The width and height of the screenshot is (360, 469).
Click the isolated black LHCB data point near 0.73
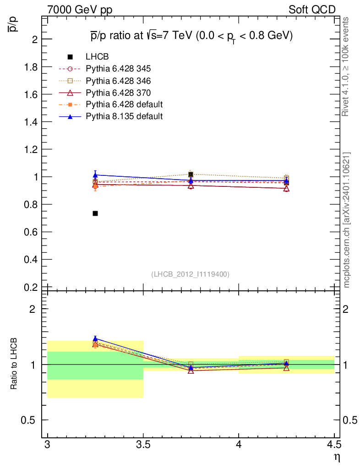95,213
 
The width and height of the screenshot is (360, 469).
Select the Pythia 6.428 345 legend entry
104,69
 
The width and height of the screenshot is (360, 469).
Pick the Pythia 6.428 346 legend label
118,81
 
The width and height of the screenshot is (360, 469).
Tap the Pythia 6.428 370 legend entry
104,93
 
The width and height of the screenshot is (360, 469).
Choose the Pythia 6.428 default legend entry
111,104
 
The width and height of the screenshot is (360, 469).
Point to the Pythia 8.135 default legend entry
111,116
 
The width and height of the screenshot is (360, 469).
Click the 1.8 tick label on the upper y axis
31,67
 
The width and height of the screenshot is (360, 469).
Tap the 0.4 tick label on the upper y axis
31,260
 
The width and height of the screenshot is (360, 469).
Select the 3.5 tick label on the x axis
143,445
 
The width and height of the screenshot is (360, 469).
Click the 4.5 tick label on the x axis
334,445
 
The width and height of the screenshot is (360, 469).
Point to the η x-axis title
337,458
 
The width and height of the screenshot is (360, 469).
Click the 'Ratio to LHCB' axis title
13,364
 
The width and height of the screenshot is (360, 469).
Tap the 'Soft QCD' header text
312,10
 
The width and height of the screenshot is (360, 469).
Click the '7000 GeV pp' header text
80,10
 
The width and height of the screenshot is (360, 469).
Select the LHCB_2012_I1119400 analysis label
191,274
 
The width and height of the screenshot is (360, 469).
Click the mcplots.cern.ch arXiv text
346,220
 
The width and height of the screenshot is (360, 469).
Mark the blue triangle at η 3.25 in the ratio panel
95,338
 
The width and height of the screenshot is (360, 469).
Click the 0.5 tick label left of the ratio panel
28,420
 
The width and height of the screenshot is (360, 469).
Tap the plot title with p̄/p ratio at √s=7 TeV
191,36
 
